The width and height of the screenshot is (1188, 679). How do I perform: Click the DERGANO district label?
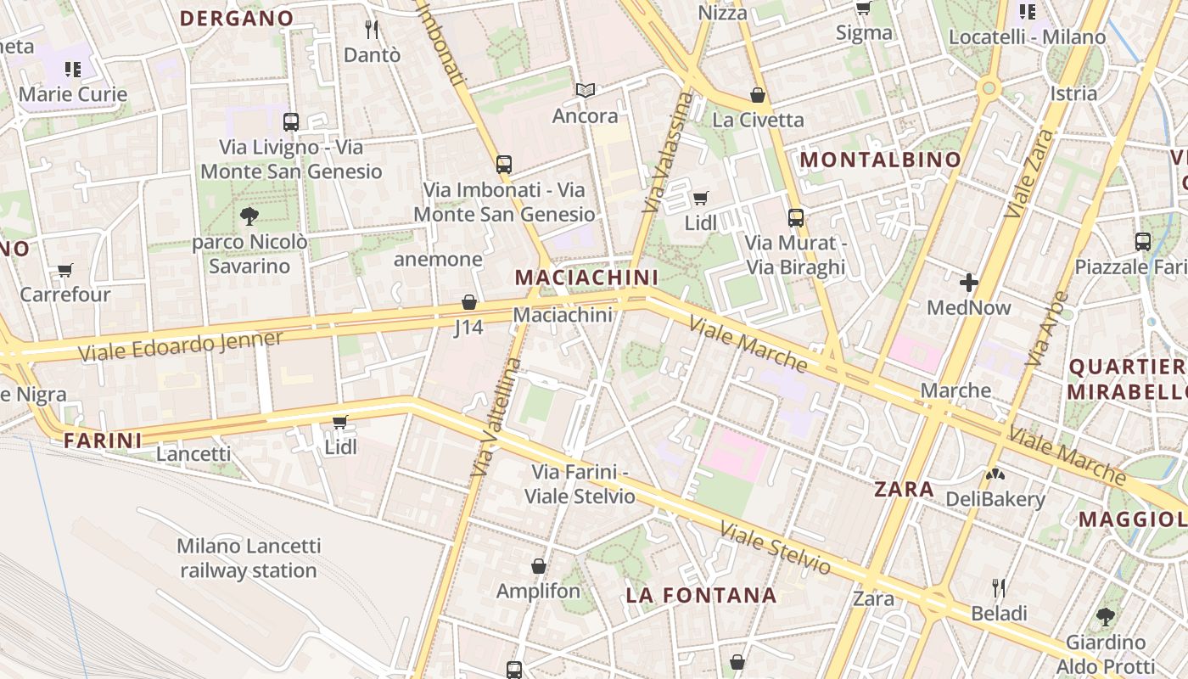pos(237,18)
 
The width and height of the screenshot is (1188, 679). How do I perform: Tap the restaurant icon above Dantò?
pos(371,30)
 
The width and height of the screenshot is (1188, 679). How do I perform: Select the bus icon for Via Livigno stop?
pos(291,121)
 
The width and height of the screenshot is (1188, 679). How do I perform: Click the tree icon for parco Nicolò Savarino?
pos(249,216)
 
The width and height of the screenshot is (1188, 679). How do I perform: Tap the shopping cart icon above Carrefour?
pos(65,271)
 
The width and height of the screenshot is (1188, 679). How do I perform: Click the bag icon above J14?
pos(468,302)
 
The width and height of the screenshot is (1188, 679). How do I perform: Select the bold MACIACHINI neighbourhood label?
pos(586,278)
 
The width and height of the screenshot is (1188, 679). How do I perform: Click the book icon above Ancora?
pos(585,90)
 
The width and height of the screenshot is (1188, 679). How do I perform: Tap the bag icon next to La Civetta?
pos(758,95)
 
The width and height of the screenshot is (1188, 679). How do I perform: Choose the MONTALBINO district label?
pos(881,160)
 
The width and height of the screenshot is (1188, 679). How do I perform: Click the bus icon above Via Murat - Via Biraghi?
pos(795,218)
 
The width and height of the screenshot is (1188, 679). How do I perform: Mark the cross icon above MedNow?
pos(968,283)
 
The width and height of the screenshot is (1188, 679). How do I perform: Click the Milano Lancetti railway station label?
pos(249,558)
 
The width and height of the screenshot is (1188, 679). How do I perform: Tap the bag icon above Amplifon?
pos(538,566)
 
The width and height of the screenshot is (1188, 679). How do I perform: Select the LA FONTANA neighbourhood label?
pos(701,595)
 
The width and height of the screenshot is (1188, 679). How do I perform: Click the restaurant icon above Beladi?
pos(999,587)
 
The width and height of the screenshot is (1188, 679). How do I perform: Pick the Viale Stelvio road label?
pos(775,547)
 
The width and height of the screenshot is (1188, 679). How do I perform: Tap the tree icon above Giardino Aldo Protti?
pos(1105,617)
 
